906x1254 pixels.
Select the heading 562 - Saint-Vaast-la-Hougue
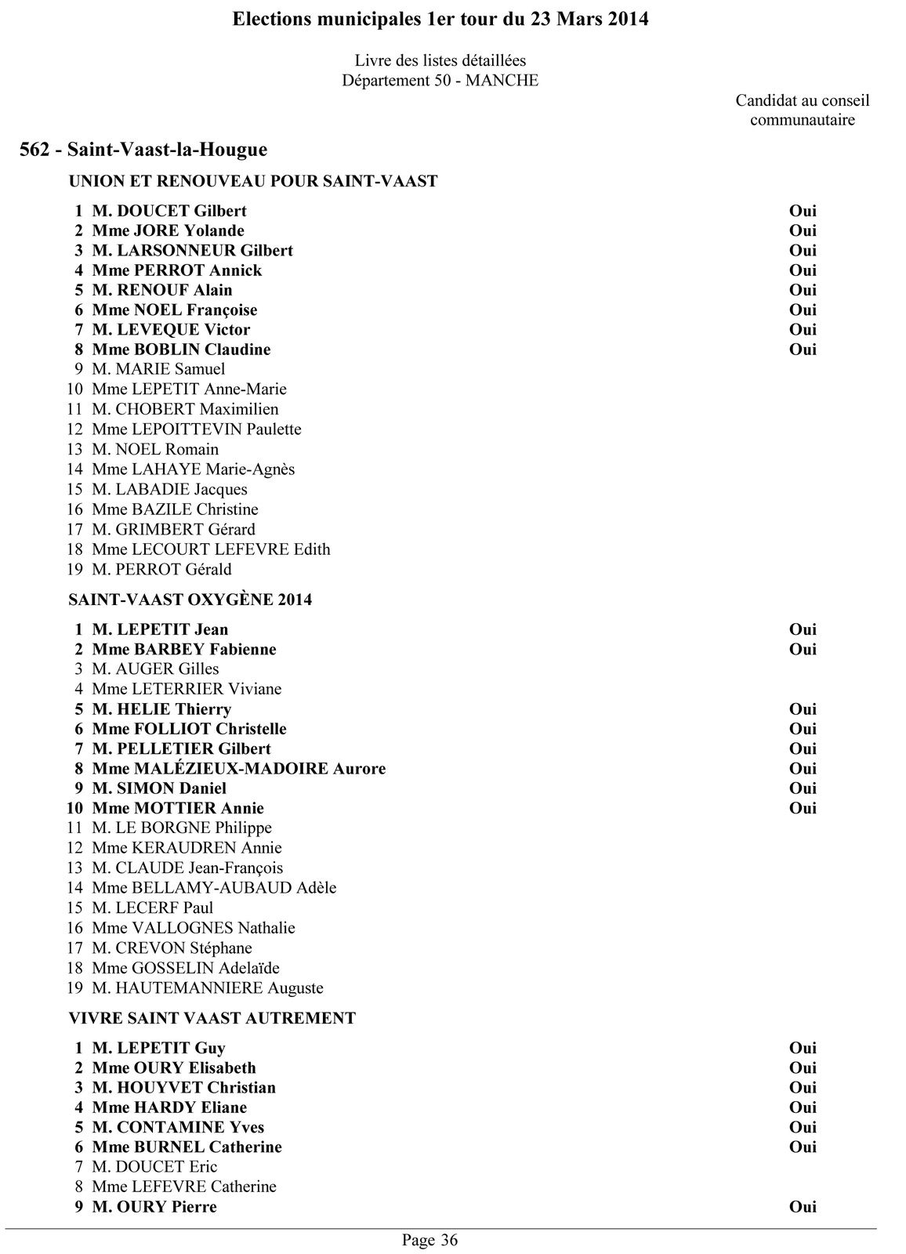(x=143, y=150)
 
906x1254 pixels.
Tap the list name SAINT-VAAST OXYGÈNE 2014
(x=190, y=600)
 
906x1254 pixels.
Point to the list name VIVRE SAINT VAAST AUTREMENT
(x=212, y=1018)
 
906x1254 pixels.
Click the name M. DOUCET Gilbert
(x=169, y=211)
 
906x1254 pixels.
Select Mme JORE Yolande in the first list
(x=168, y=230)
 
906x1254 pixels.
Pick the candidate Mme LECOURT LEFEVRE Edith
(x=211, y=549)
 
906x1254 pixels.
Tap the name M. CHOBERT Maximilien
(x=185, y=409)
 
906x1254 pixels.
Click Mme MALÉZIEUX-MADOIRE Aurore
(x=239, y=769)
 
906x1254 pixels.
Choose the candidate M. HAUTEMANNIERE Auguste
(x=208, y=988)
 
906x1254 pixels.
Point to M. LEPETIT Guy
(x=158, y=1048)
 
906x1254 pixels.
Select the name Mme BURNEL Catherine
(x=187, y=1147)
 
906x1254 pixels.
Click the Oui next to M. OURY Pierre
(x=803, y=1207)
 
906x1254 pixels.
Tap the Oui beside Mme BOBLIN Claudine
(x=803, y=350)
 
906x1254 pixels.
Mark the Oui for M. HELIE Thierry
(x=803, y=709)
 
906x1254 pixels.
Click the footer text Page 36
(x=429, y=1240)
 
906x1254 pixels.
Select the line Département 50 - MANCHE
(x=440, y=81)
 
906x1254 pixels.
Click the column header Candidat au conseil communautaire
(x=802, y=111)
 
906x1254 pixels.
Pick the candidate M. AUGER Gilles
(x=155, y=669)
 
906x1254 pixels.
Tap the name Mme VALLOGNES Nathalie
(x=194, y=928)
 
